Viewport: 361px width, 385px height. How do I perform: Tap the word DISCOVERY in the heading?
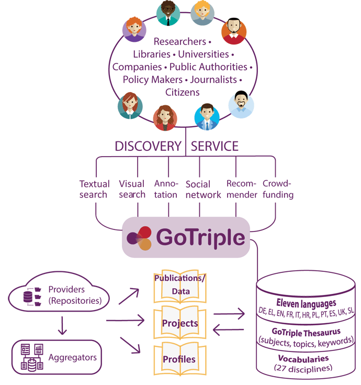click(148, 146)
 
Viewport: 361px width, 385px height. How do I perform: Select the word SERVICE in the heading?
click(215, 146)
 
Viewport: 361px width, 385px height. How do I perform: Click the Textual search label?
click(94, 189)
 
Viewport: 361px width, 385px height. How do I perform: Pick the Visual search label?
click(132, 189)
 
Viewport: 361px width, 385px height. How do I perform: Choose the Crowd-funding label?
click(278, 189)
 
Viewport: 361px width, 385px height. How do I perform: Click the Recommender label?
click(241, 189)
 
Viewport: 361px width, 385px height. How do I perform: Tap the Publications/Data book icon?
click(179, 287)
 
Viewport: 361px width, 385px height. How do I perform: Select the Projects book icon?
click(179, 323)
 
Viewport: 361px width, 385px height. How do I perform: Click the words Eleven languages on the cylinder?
click(306, 303)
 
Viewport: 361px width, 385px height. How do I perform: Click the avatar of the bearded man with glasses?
click(241, 104)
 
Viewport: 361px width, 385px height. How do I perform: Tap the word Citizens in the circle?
click(183, 92)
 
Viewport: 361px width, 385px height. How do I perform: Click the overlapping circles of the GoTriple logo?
click(141, 238)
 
